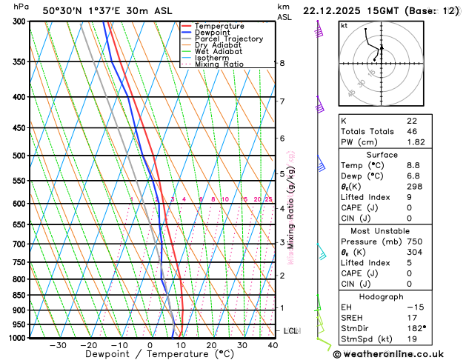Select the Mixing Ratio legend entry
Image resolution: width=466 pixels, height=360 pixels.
tap(219, 64)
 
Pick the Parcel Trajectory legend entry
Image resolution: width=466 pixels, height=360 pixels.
tap(228, 39)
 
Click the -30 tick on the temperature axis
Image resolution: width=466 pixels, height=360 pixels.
tap(58, 345)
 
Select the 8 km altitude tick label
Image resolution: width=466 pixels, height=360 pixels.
tap(282, 64)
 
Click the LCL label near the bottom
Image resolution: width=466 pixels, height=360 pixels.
tap(290, 330)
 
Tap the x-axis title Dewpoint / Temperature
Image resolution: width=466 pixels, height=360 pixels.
tap(149, 355)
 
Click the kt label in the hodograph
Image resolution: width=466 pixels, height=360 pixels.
tap(344, 26)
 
